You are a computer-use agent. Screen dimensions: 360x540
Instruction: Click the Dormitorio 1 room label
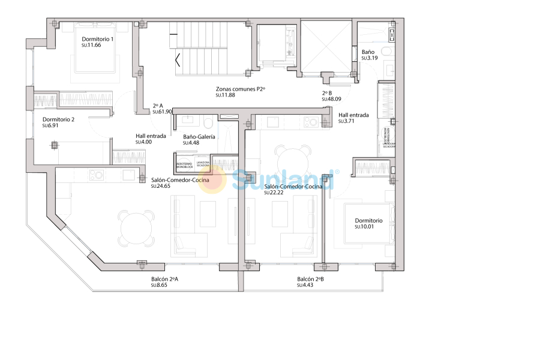click(x=98, y=39)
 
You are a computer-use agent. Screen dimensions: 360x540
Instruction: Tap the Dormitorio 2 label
click(x=58, y=119)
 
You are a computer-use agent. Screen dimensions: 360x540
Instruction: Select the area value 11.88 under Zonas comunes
click(x=225, y=95)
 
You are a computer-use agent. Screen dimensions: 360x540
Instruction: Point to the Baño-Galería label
click(x=199, y=137)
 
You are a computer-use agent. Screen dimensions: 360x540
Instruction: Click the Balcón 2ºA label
click(x=165, y=279)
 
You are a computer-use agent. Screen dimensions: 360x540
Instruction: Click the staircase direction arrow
click(x=178, y=60)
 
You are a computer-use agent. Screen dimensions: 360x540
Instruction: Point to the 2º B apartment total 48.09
click(x=331, y=100)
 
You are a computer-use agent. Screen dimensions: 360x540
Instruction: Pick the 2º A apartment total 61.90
click(x=163, y=112)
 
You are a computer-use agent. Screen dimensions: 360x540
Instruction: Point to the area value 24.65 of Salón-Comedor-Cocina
click(x=161, y=186)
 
